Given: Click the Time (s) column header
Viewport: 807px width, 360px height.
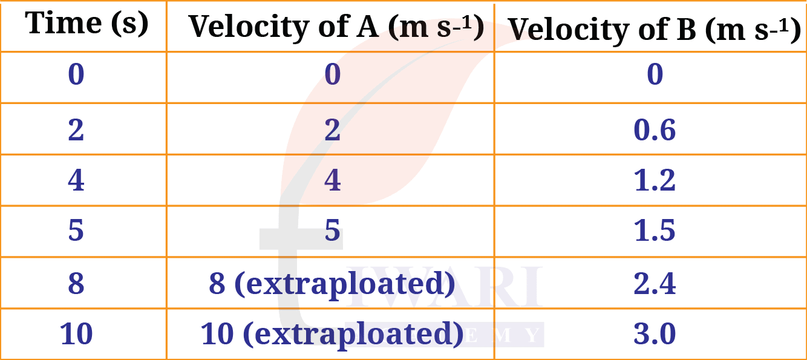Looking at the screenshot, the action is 87,24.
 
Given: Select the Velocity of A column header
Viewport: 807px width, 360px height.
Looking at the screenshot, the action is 336,27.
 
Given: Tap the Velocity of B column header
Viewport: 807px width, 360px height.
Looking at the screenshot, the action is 654,30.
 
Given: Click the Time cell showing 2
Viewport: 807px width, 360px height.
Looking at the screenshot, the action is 76,129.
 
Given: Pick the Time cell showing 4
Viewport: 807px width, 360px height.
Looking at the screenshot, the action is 76,180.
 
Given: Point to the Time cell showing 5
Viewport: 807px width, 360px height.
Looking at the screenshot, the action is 76,230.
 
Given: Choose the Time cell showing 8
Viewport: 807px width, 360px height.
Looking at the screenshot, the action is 76,283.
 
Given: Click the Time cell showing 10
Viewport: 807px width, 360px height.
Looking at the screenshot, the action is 76,334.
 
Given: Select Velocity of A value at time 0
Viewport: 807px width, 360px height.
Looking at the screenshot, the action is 332,74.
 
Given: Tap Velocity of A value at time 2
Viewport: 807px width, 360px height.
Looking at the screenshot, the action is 332,129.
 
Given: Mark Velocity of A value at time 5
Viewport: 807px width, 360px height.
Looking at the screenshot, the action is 332,230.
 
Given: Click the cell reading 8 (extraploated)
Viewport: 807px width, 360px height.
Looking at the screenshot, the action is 332,284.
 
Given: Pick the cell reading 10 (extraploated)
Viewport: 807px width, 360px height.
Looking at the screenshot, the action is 332,335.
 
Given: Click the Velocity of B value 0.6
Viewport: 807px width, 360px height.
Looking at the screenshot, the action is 655,129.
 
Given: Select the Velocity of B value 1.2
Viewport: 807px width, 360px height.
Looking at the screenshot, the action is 655,180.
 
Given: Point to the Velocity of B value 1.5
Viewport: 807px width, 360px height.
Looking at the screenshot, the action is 655,230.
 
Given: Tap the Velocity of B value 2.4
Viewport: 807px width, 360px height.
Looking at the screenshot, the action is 655,283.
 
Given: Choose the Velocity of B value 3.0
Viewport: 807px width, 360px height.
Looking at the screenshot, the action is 655,334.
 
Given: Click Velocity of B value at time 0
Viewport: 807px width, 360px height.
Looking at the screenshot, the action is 655,74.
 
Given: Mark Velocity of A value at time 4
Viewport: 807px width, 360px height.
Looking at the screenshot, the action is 332,180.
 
